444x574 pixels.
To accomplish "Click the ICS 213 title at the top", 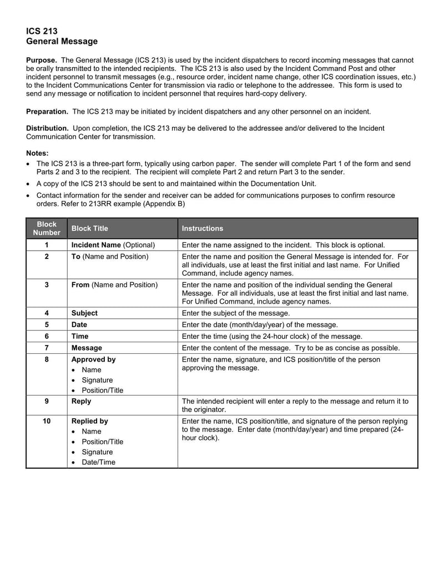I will tap(42, 31).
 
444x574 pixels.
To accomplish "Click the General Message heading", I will tap(62, 42).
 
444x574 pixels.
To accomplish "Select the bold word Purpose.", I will tap(42, 60).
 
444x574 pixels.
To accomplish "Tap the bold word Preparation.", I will tap(47, 111).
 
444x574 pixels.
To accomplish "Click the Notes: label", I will tap(38, 153).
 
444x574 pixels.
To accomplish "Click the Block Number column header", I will tap(47, 228).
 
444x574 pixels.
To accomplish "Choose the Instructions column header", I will tap(203, 228).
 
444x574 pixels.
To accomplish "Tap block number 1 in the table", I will tap(47, 245).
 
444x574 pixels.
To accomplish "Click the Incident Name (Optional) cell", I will tap(113, 245).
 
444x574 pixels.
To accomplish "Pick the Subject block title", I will tap(84, 313).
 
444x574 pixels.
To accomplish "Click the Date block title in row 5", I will tap(79, 325).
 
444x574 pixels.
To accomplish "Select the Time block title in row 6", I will tap(80, 337).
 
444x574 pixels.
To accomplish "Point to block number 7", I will tap(47, 348).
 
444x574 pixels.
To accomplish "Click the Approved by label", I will tap(94, 359).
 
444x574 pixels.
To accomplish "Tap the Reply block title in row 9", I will tap(82, 401).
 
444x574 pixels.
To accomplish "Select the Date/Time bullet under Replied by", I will tap(98, 463).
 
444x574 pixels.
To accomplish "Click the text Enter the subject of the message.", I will tap(236, 313).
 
